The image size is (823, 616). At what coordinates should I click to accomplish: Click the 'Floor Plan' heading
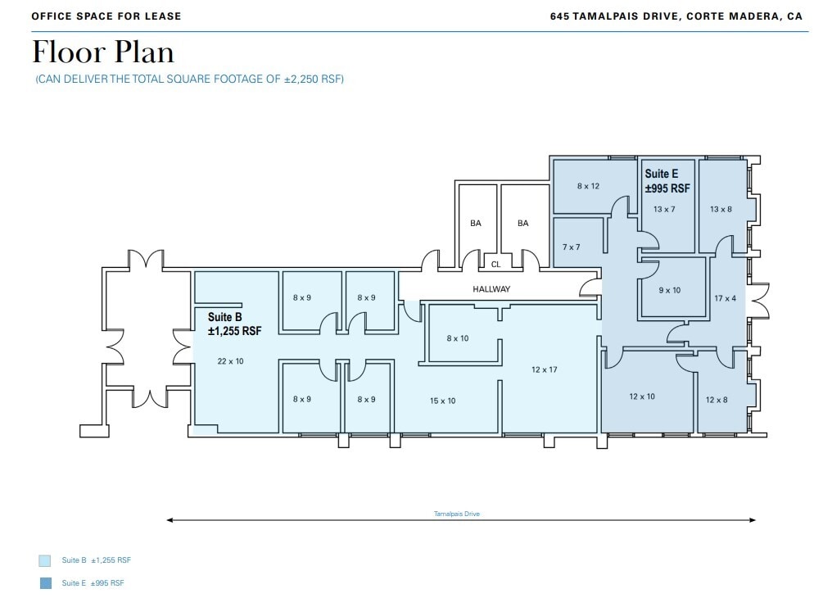click(103, 53)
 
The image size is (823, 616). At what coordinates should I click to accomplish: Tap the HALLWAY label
click(491, 289)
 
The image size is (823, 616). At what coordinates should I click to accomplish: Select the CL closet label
click(495, 265)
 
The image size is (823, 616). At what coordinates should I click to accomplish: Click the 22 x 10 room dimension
click(230, 361)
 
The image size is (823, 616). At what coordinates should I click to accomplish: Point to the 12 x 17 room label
click(544, 370)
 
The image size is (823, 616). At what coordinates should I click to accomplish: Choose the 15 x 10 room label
click(442, 401)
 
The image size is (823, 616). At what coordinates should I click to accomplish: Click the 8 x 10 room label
click(458, 338)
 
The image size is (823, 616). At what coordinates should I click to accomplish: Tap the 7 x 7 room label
click(571, 247)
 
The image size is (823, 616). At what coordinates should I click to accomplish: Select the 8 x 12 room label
click(588, 187)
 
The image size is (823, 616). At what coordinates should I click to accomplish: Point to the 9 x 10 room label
click(669, 291)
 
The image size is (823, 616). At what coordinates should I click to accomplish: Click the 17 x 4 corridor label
click(725, 299)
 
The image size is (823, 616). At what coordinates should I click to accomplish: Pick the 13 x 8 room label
click(721, 210)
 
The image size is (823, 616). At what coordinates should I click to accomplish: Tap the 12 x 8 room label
click(717, 401)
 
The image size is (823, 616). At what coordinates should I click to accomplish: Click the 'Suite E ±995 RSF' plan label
click(667, 181)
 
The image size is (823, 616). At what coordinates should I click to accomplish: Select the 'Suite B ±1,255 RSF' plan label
click(234, 324)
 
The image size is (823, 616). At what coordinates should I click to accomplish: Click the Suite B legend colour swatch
click(45, 561)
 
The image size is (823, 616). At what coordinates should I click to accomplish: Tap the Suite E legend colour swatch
click(45, 583)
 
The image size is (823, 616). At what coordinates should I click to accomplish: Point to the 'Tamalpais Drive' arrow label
click(457, 514)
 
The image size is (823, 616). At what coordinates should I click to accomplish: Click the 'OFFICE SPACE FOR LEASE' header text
click(106, 16)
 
